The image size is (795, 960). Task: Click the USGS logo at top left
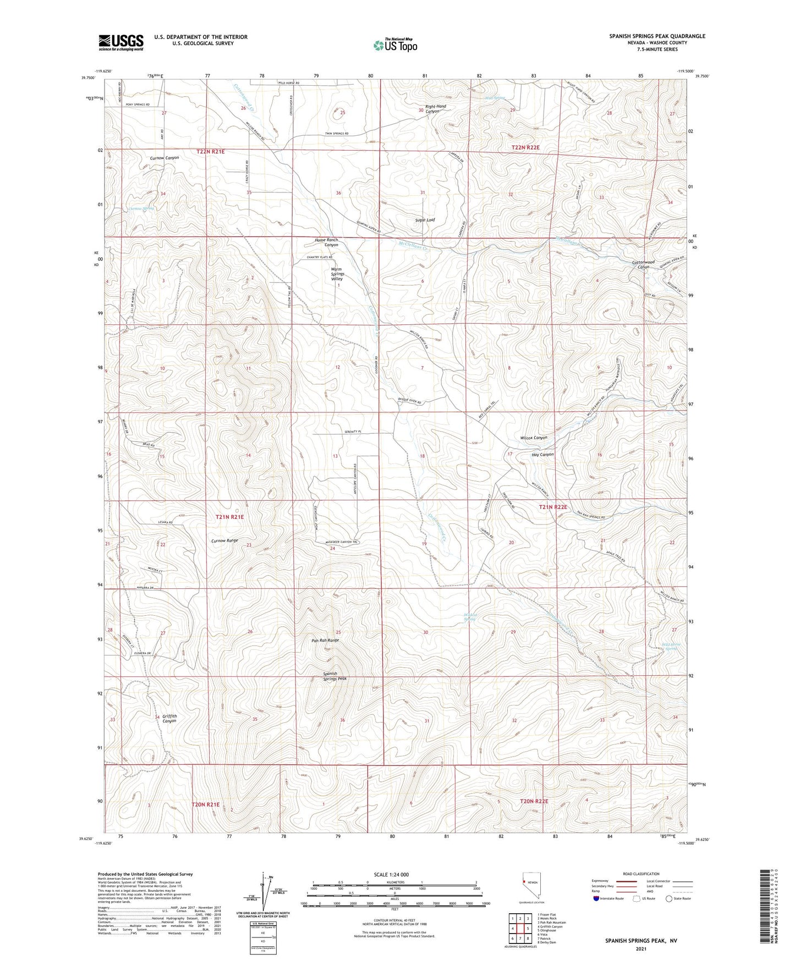(121, 42)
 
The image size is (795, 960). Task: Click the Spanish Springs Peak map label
(335, 676)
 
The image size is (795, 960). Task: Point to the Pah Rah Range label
(326, 640)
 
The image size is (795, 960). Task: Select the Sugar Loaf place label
(425, 220)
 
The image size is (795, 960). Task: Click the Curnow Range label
(224, 540)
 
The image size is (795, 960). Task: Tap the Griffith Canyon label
(169, 718)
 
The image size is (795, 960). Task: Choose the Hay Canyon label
(542, 455)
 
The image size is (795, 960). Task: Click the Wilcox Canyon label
(533, 438)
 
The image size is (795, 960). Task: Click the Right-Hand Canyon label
(435, 109)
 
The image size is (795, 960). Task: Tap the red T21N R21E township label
(229, 517)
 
